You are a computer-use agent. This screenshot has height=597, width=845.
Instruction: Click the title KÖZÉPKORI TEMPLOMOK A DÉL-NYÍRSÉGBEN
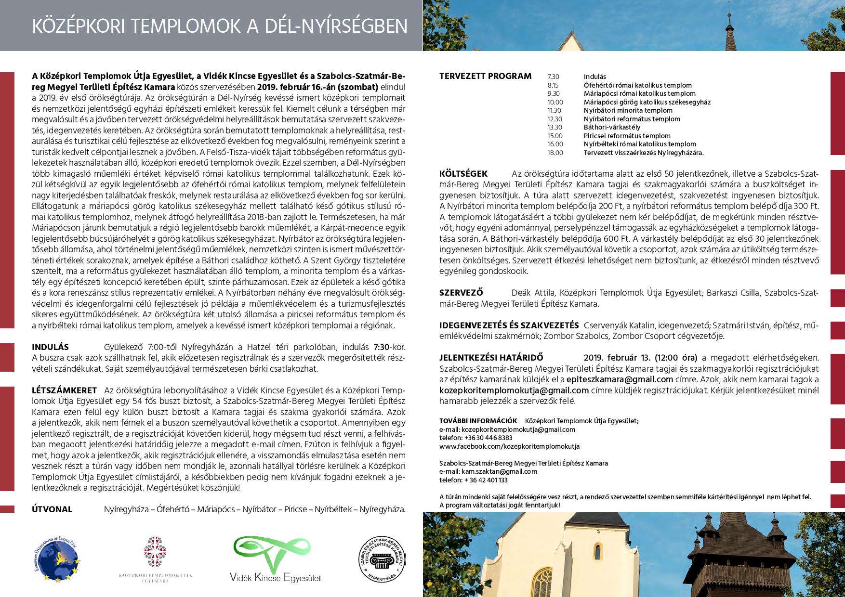[219, 26]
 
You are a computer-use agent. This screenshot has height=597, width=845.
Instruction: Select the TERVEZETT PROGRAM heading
[485, 76]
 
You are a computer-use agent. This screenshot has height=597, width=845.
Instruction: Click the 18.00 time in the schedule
[555, 153]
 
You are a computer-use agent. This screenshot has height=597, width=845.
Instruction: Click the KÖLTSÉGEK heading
[463, 173]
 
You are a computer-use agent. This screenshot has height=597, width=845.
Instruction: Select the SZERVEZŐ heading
[461, 293]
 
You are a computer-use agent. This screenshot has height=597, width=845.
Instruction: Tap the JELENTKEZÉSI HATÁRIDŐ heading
[491, 358]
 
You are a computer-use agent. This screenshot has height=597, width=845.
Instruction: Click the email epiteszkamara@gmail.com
[619, 379]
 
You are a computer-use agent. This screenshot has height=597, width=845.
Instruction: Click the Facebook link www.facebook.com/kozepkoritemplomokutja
[509, 446]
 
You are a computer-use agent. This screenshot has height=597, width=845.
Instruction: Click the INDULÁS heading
[50, 347]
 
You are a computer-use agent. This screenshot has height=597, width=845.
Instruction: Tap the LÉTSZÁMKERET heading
[64, 390]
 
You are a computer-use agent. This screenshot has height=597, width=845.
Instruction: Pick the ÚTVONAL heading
[52, 509]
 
